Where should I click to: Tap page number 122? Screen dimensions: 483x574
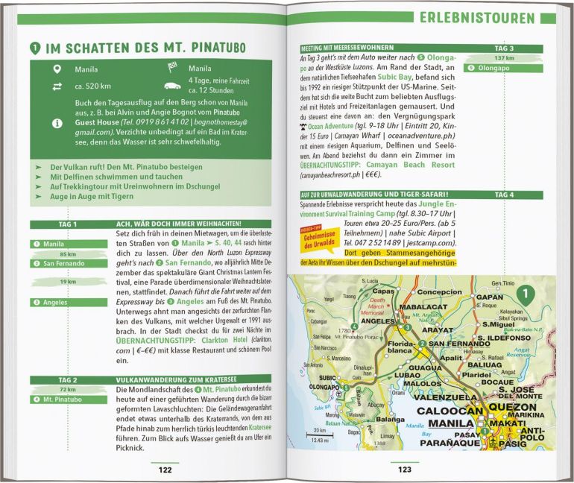click(165, 469)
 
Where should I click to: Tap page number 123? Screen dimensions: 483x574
click(404, 469)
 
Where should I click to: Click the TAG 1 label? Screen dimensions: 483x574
click(68, 224)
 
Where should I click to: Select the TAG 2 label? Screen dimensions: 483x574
click(68, 379)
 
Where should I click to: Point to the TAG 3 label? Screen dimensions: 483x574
click(504, 48)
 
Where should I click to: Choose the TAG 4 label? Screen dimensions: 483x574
click(504, 195)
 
